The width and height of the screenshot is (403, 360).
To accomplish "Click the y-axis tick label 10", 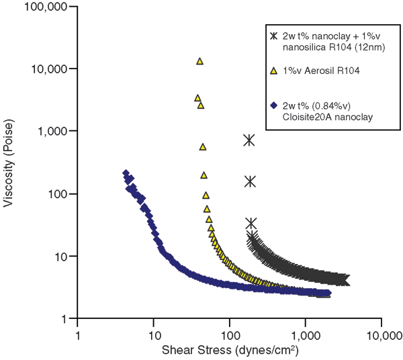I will point(62,256).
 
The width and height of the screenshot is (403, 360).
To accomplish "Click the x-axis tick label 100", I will point(230,334).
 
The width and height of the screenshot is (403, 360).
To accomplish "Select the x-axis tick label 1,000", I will point(306,334).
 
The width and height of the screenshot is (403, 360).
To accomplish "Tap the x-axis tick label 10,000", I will point(381,334).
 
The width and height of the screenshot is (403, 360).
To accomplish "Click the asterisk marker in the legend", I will point(273,36).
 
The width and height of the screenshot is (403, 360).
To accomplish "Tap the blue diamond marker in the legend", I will point(273,106).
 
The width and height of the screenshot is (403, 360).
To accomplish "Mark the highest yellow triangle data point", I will point(199,61).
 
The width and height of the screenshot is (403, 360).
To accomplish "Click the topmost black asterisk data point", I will point(249,140).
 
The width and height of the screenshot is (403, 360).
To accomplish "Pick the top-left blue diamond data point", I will point(126,174).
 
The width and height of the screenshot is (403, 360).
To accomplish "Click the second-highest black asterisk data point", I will point(250,181).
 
